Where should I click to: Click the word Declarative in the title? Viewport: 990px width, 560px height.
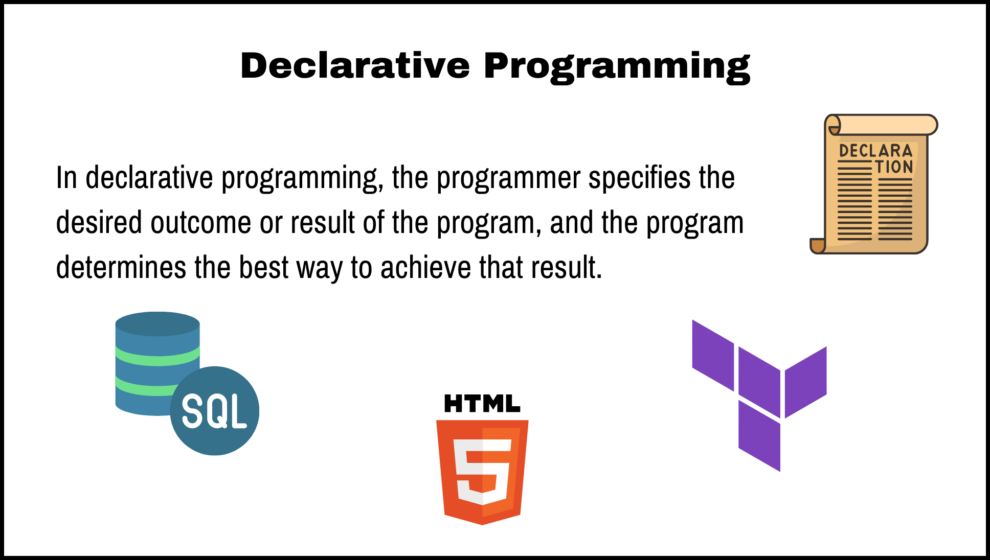coord(355,66)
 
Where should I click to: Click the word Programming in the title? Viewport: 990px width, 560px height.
coord(617,67)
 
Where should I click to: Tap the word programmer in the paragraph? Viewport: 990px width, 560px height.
coord(508,178)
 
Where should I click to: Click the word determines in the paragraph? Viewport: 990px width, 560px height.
coord(121,268)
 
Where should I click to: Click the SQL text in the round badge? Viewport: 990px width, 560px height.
coord(214,412)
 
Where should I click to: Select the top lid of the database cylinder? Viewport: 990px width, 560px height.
coord(157,323)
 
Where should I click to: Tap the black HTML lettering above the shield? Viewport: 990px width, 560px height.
coord(482,404)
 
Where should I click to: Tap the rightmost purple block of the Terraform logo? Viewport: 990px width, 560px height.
coord(806,382)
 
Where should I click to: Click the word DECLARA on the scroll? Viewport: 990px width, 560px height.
coord(875,151)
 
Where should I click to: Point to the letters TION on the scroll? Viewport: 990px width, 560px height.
coord(894,167)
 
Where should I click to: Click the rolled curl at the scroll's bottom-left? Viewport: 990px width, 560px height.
coord(818,246)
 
